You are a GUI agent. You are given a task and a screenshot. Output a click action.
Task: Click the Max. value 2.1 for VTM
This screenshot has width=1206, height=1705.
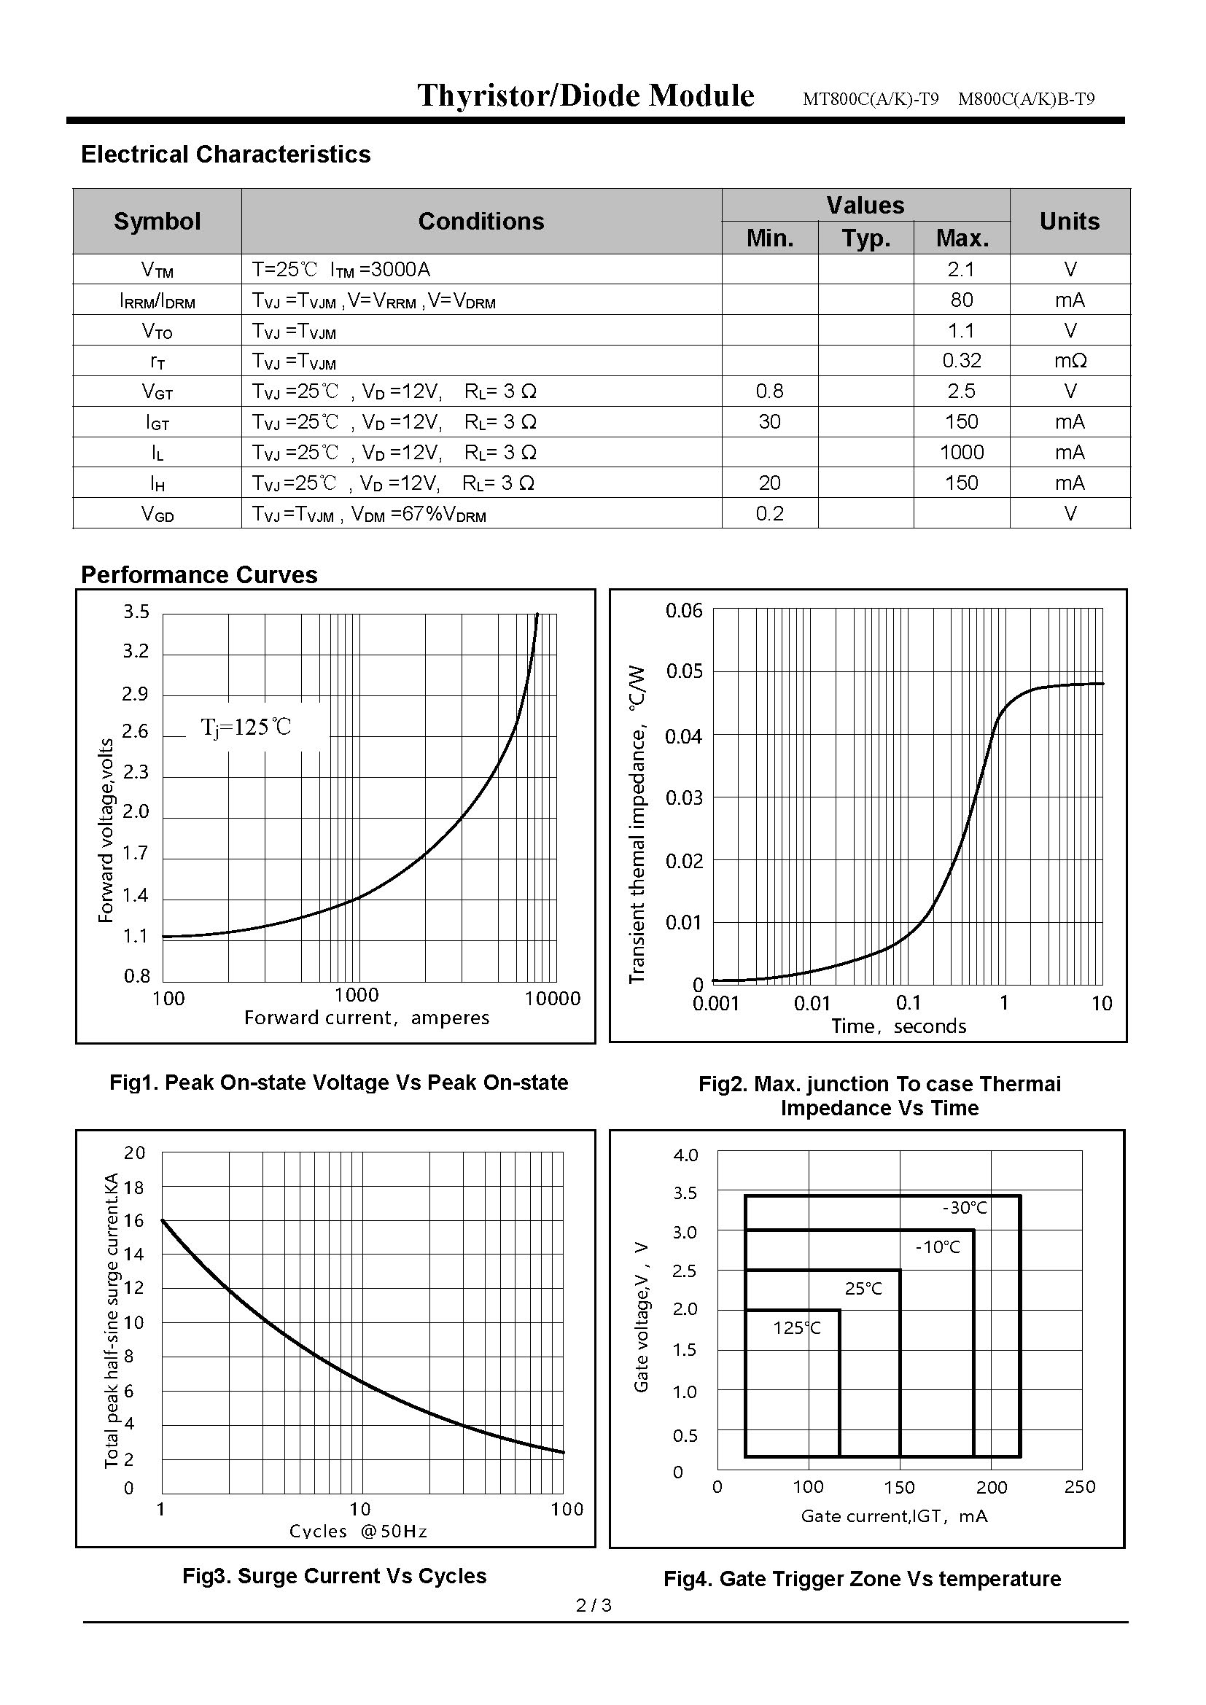pos(961,269)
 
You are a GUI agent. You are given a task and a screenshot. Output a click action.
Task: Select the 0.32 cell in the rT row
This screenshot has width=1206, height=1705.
pos(961,361)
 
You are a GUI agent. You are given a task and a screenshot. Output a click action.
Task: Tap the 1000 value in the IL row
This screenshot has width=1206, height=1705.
pos(961,452)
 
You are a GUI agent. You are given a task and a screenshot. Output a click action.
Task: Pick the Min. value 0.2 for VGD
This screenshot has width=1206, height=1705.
pos(769,514)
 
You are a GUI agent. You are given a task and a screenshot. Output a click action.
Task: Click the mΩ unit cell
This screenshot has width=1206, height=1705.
pos(1070,361)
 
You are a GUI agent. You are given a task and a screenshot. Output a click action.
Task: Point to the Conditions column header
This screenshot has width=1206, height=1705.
pos(481,222)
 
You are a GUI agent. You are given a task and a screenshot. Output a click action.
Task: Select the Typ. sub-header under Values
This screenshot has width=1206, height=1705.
pos(865,238)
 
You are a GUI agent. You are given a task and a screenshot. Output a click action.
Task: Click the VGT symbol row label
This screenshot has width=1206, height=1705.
pos(157,392)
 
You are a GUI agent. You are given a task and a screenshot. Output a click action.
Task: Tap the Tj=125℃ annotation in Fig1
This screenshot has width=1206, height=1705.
pos(246,727)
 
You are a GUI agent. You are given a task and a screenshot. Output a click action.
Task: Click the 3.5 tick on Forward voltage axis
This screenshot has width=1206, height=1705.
pos(136,612)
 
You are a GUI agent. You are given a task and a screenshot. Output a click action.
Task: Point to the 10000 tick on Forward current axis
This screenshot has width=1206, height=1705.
pos(553,999)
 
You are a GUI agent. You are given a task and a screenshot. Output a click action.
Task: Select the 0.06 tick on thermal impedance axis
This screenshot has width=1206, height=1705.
pos(683,611)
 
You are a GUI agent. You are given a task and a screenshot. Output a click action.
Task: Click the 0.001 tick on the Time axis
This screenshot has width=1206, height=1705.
pos(716,1004)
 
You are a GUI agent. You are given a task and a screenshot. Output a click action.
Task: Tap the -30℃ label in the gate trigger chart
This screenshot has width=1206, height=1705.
pos(965,1208)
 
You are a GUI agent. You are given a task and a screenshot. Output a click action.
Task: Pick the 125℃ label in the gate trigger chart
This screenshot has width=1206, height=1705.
pos(797,1327)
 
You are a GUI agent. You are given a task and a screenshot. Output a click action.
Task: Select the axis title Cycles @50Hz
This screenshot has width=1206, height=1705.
pos(358,1531)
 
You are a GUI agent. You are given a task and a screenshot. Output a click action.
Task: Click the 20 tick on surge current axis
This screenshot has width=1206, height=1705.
pos(134,1153)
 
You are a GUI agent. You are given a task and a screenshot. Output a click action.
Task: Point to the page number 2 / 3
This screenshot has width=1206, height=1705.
pos(594,1605)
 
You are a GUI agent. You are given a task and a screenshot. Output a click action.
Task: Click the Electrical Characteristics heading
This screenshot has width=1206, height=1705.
pos(226,155)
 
